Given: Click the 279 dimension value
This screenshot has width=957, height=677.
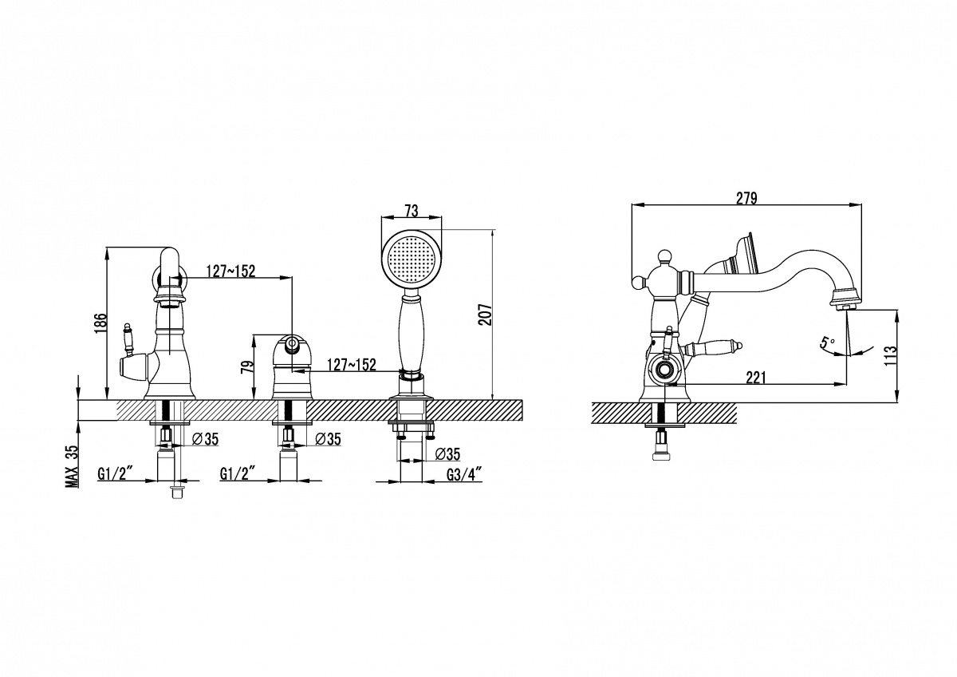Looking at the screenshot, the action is coord(746,199).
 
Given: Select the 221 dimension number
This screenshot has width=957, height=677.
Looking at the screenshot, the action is coord(756,378).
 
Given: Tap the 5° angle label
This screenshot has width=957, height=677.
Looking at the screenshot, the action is coord(827,342).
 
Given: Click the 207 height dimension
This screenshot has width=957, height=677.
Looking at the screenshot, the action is coord(486,315).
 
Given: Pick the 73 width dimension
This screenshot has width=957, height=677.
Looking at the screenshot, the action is coord(411,211).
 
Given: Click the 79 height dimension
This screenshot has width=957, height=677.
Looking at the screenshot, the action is coord(247,368).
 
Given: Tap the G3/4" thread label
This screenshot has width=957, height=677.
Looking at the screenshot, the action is coord(464,475).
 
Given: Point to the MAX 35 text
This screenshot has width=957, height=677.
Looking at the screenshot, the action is coord(73,466).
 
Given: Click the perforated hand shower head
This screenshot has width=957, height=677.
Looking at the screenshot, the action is coord(411,259).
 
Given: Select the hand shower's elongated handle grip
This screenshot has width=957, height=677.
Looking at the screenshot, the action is coord(411,334).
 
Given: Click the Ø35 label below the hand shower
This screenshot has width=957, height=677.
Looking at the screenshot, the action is coord(447,454).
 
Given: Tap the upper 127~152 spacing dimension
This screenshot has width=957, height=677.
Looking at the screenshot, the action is coord(230,271).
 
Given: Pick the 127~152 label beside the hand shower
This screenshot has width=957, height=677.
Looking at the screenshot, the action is coord(352,365).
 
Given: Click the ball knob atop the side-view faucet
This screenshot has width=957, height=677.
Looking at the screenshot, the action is coord(664,255).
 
